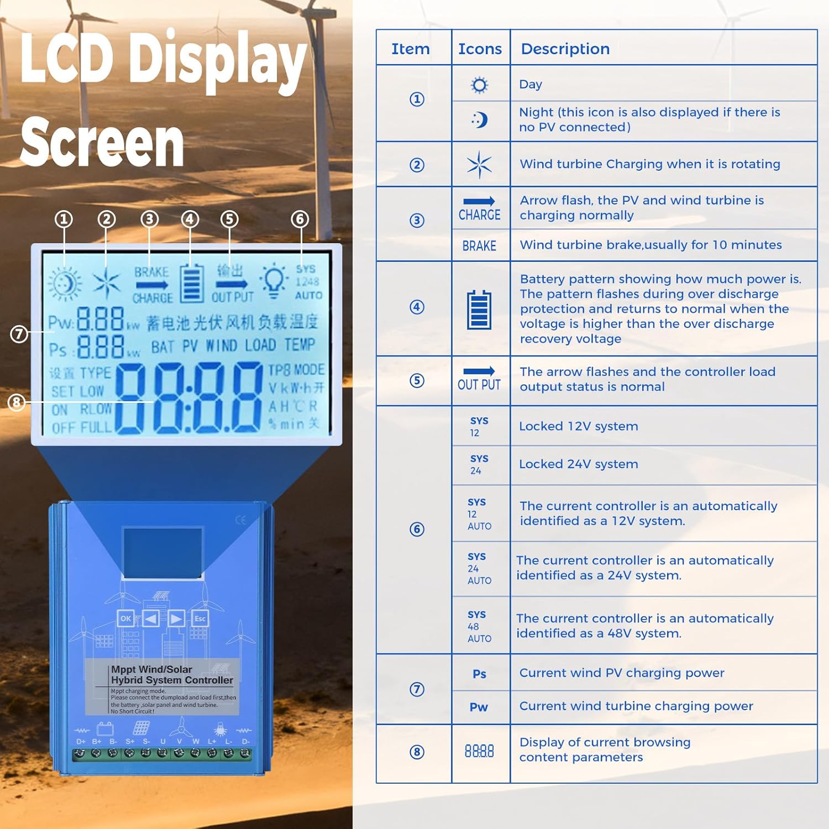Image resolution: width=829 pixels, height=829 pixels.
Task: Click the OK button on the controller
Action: (125, 618)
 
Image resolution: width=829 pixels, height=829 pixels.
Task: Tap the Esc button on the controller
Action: (200, 618)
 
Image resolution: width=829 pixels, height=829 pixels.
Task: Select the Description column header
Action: (565, 49)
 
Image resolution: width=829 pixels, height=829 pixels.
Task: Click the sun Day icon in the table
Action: (479, 85)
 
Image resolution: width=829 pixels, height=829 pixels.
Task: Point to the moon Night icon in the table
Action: (480, 119)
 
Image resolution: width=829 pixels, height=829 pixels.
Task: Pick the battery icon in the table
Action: (479, 309)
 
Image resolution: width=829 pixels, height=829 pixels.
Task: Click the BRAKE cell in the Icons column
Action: (479, 246)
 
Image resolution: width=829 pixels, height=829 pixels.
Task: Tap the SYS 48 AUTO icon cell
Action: (479, 626)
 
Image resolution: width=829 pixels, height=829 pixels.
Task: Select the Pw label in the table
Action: (479, 707)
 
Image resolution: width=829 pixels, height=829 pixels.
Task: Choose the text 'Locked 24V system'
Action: (578, 464)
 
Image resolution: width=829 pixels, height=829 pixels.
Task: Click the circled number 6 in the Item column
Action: (417, 529)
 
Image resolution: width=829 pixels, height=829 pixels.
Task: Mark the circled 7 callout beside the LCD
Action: (19, 334)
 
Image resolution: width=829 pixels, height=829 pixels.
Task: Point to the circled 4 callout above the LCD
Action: (190, 219)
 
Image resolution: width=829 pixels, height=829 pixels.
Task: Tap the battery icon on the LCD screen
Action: (192, 282)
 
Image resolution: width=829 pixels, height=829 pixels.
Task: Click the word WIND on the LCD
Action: (221, 346)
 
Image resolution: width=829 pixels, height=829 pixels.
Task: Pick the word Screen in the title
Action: (102, 143)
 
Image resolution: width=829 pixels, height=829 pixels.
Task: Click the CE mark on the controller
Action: (240, 520)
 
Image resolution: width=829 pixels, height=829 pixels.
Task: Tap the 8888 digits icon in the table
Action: (479, 751)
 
